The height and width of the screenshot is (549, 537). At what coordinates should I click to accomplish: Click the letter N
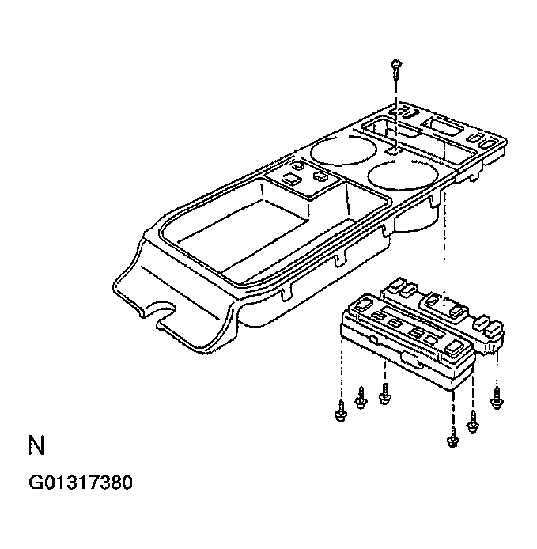click(36, 445)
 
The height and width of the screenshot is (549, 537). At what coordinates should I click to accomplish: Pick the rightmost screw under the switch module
click(497, 400)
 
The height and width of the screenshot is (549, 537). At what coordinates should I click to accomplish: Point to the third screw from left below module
click(385, 393)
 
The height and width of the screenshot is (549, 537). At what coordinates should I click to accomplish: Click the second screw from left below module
click(361, 400)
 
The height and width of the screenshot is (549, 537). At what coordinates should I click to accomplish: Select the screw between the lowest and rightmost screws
click(473, 422)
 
